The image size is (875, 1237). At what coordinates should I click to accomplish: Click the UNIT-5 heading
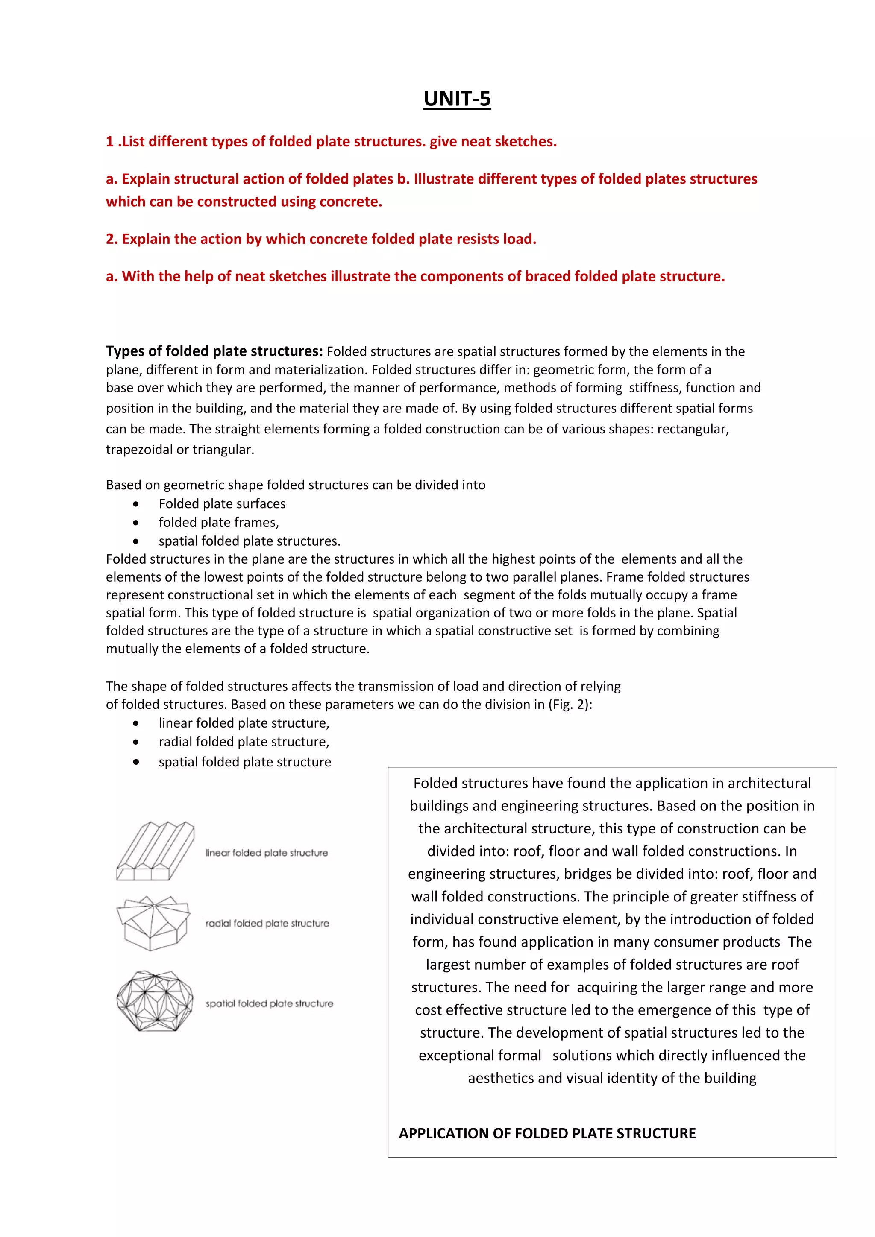point(457,99)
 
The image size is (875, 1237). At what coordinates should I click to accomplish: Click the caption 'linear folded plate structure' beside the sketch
point(266,853)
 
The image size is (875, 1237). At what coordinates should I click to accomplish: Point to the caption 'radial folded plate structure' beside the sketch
point(267,924)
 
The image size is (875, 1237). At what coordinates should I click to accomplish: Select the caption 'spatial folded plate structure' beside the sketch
point(269,1003)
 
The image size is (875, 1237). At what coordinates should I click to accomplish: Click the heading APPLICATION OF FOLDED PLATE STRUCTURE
point(547,1134)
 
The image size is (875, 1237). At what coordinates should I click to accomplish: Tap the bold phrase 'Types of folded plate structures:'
point(214,351)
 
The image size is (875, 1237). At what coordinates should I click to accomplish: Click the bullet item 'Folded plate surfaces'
point(222,504)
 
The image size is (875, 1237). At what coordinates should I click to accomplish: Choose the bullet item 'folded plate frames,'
point(218,523)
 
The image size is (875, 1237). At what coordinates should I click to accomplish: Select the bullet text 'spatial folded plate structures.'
point(249,541)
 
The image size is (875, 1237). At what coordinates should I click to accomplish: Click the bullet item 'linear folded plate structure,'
point(244,723)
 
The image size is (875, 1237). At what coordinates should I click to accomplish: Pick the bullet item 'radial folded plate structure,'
point(244,742)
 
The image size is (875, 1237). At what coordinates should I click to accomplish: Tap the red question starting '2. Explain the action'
point(321,239)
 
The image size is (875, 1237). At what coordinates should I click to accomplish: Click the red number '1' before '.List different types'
point(110,142)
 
